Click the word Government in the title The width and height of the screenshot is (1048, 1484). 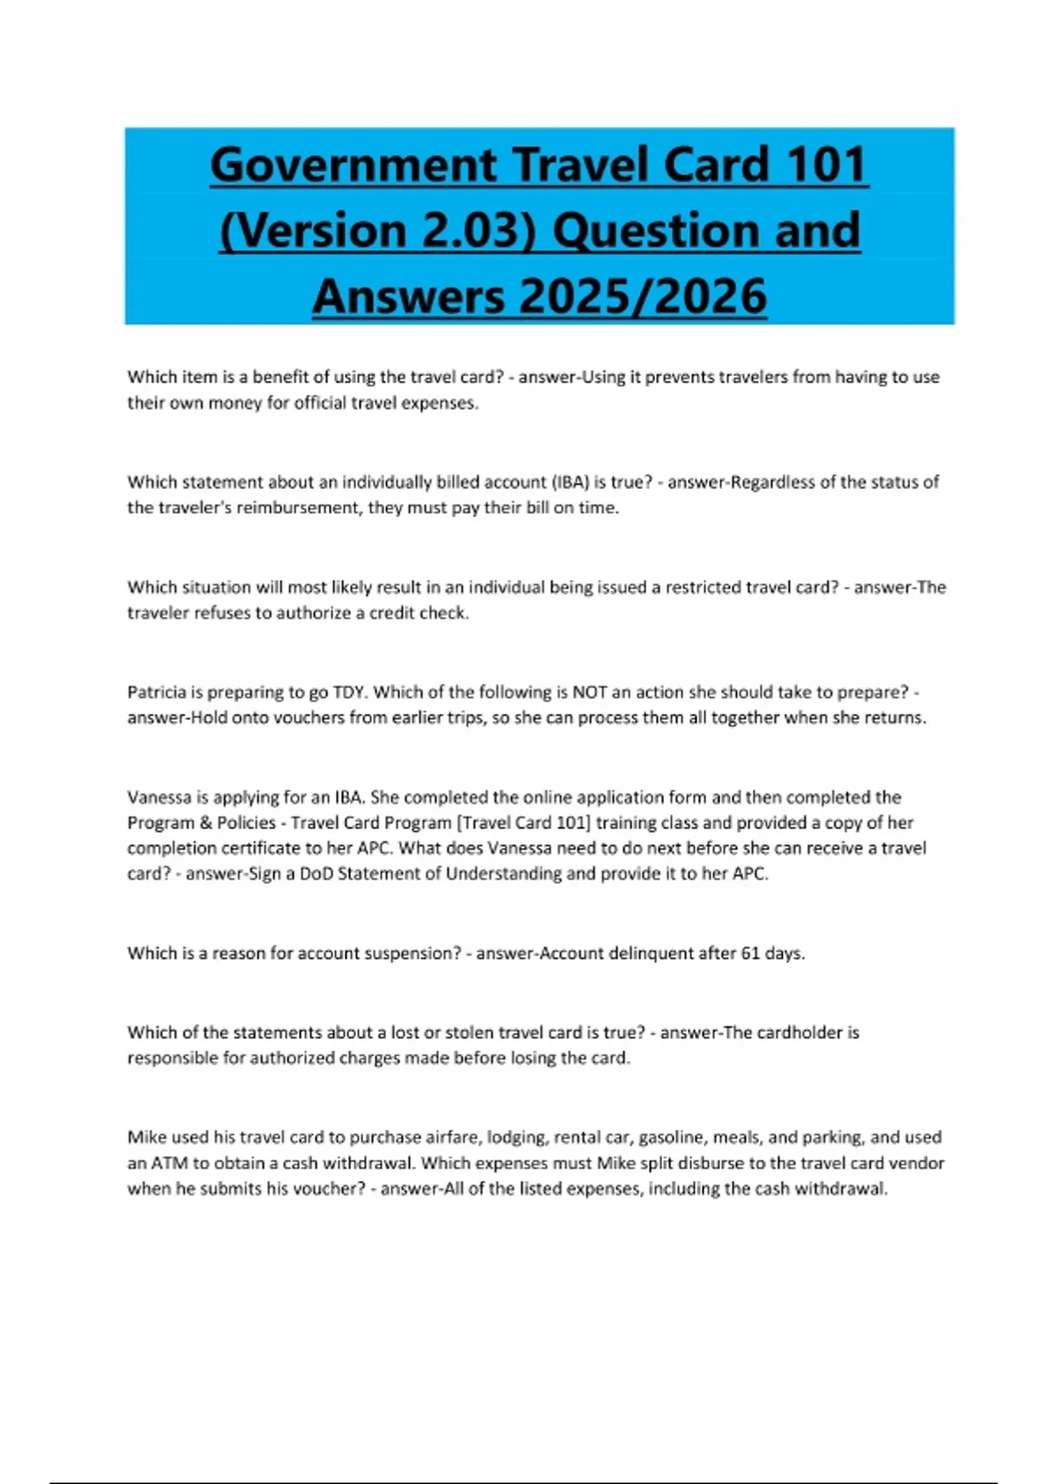click(x=353, y=165)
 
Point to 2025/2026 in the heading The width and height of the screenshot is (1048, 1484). click(x=643, y=296)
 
